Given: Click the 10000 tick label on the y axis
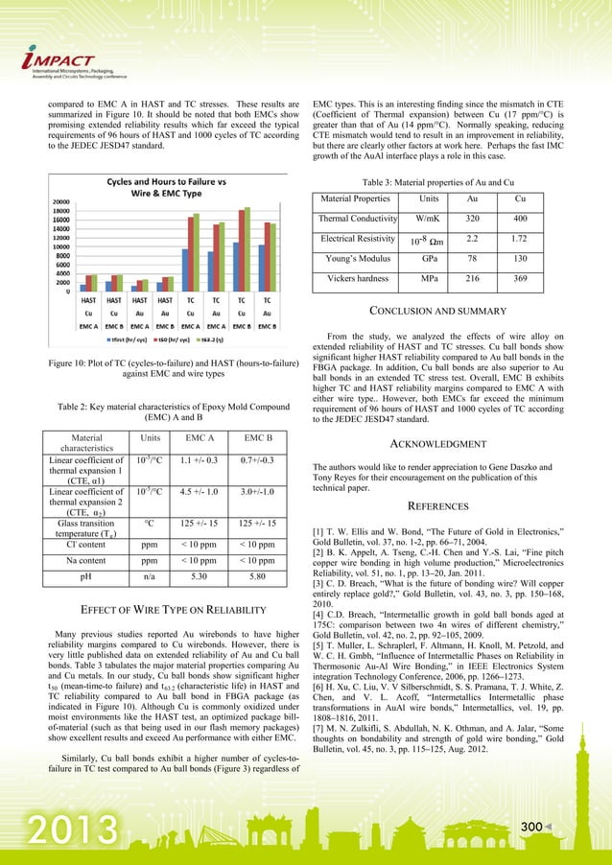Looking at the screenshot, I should pyautogui.click(x=58, y=247).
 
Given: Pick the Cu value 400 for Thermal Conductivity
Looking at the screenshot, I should pyautogui.click(x=520, y=219).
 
